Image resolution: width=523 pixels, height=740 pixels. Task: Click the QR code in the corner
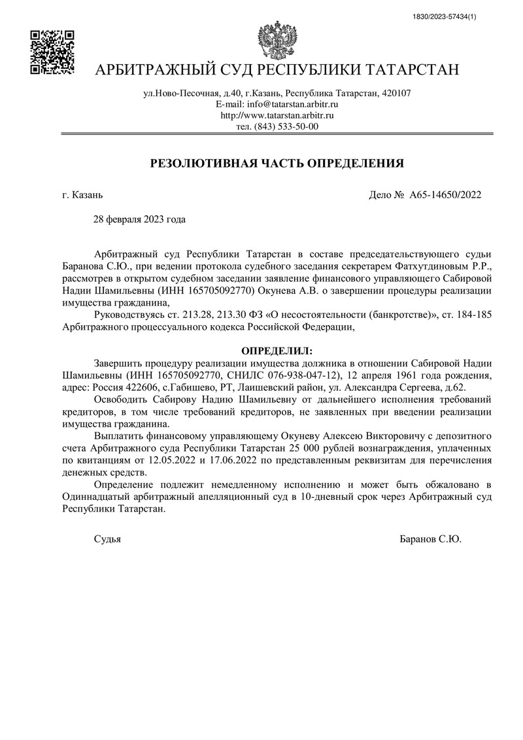pyautogui.click(x=52, y=52)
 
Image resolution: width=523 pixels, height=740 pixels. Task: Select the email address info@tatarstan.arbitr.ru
pyautogui.click(x=292, y=104)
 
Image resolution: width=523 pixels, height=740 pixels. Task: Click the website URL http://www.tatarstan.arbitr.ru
pyautogui.click(x=277, y=115)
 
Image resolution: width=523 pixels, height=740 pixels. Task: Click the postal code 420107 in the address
pyautogui.click(x=396, y=93)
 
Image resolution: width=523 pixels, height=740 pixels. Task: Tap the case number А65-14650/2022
pyautogui.click(x=445, y=194)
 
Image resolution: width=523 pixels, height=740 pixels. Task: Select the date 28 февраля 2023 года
pyautogui.click(x=141, y=219)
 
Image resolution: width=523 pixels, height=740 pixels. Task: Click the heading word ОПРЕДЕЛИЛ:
pyautogui.click(x=277, y=351)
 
